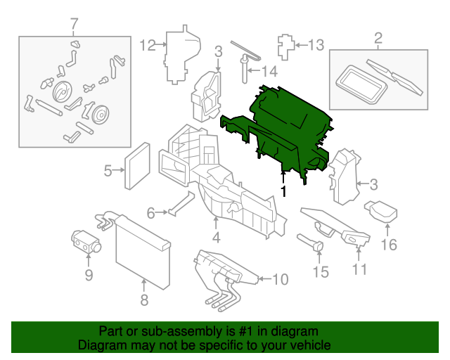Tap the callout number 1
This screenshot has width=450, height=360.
click(283, 191)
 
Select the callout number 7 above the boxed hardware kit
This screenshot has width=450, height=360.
click(75, 27)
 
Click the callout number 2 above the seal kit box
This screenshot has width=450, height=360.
click(378, 38)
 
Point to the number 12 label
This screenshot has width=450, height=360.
click(146, 46)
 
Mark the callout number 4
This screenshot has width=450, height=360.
click(216, 238)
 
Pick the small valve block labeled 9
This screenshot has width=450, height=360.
click(86, 240)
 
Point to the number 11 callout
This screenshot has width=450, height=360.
click(359, 269)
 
